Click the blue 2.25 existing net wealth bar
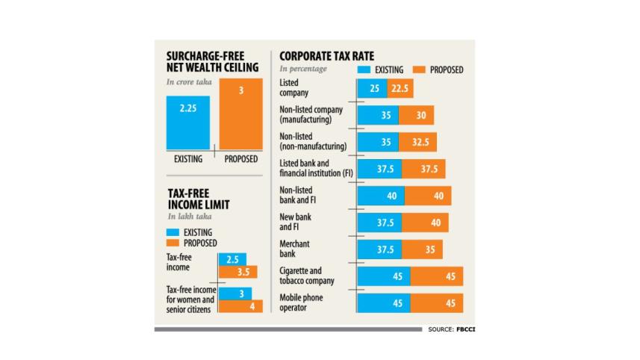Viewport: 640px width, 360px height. tap(188, 122)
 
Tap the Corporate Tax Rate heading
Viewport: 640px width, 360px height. tap(326, 56)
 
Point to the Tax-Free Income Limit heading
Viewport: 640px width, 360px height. tap(198, 199)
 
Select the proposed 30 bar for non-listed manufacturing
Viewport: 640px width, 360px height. tap(416, 116)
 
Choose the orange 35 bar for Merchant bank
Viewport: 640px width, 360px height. tap(423, 249)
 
